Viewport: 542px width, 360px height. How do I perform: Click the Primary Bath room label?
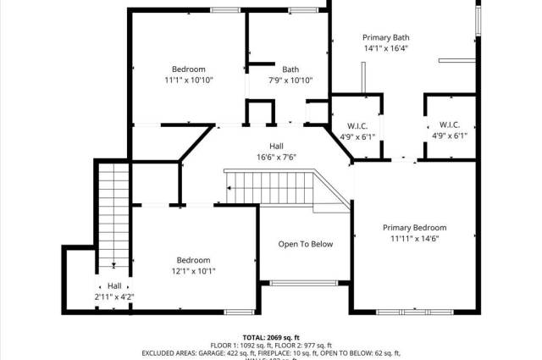(x=385, y=37)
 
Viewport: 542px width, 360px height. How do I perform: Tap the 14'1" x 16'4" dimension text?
(x=385, y=49)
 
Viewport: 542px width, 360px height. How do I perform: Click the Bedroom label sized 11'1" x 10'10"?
(x=188, y=69)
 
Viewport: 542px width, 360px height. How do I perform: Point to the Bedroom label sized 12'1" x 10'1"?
(x=193, y=260)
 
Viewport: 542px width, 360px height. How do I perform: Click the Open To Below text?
(x=306, y=244)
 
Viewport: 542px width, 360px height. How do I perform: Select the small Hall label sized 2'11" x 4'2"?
(x=114, y=286)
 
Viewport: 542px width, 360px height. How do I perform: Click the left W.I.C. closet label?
(x=357, y=125)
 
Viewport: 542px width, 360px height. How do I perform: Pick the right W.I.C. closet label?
(x=450, y=125)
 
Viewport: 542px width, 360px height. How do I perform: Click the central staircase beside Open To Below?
(x=271, y=185)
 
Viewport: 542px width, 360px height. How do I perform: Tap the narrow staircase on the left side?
(x=113, y=212)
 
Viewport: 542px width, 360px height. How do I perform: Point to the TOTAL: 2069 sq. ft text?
(x=271, y=337)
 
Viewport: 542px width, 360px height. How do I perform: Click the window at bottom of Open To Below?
(x=305, y=283)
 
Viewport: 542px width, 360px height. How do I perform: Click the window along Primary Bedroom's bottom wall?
(x=414, y=312)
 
